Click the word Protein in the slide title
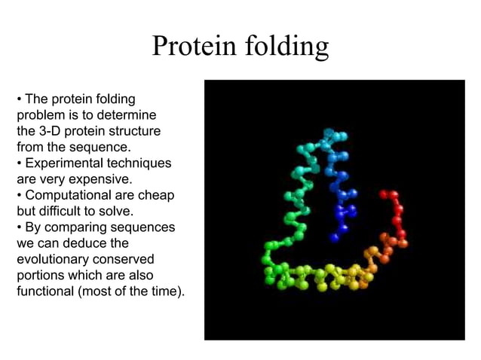[193, 47]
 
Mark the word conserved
[110, 260]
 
